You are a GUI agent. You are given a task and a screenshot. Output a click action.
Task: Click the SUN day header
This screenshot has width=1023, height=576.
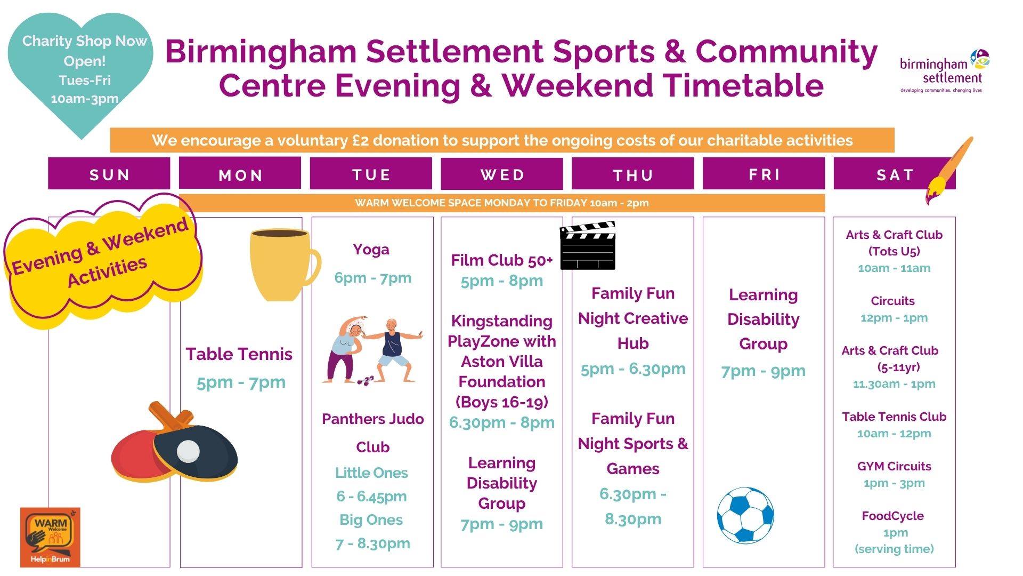tap(109, 174)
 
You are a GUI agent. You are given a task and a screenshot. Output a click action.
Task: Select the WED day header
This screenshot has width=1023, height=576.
tap(502, 174)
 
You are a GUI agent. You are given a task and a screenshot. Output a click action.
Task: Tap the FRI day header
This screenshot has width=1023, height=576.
tap(764, 174)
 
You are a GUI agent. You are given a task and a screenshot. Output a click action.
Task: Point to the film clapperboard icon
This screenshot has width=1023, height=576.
tap(588, 245)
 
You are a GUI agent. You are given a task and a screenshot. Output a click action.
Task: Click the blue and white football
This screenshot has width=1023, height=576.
tap(745, 515)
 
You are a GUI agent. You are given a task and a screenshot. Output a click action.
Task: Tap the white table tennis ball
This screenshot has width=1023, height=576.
tap(188, 451)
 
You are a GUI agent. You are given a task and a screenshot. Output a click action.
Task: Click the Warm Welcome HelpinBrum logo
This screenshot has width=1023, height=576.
tap(50, 537)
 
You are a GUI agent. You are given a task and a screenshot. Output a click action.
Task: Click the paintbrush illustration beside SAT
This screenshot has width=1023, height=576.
tap(948, 171)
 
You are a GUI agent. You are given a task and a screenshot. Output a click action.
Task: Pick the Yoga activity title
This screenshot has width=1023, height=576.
tap(371, 249)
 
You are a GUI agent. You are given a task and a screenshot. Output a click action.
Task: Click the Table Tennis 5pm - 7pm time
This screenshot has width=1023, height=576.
tap(241, 382)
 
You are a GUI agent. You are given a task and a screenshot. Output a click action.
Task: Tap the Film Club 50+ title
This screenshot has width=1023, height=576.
tap(502, 260)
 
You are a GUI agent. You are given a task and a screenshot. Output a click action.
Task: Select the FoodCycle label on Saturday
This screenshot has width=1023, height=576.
tap(893, 516)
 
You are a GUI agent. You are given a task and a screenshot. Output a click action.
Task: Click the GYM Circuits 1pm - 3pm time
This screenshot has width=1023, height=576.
tap(894, 483)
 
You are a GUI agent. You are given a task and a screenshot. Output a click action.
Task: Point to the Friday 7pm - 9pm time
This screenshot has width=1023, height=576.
tap(763, 371)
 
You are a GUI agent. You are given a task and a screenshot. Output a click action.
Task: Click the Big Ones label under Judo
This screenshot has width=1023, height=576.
tap(371, 520)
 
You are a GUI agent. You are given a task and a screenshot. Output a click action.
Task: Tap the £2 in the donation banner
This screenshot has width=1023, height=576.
tap(361, 140)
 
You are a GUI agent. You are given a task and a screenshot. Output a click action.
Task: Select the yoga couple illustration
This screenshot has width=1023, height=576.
tap(372, 350)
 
